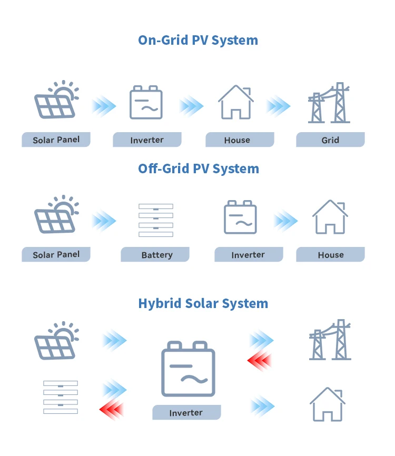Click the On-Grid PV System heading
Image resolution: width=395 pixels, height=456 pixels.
pos(198,40)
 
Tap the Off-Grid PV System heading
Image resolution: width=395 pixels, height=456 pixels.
pos(198,168)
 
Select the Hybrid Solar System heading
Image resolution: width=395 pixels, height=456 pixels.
pos(203,303)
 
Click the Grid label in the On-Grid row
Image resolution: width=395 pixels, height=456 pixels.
pos(330,140)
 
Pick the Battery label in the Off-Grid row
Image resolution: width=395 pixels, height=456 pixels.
pos(156,255)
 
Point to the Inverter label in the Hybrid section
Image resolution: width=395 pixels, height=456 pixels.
pos(186,413)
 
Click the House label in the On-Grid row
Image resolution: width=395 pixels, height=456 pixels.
pos(237,140)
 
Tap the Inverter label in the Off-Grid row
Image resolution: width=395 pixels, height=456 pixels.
pos(248,255)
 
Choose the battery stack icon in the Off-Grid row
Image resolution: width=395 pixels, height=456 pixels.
pos(156,219)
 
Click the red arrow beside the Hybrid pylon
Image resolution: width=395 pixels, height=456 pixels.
pos(259,362)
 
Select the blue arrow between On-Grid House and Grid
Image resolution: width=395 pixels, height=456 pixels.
pos(278,106)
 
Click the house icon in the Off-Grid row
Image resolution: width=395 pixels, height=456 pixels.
pos(330,216)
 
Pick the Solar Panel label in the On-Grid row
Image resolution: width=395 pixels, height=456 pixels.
pos(56,140)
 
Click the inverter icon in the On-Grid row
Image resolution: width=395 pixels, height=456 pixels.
pos(146,102)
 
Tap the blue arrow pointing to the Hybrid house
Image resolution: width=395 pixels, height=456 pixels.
pos(262,406)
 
